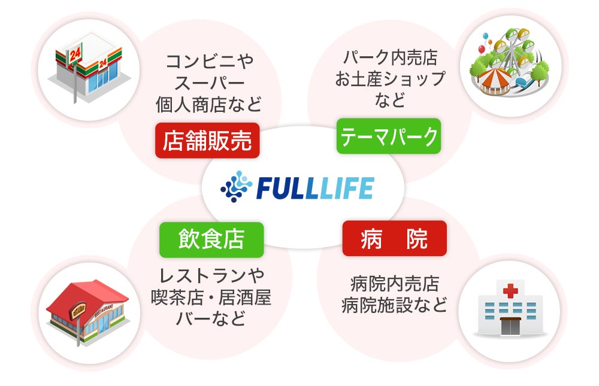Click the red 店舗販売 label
(x=207, y=140)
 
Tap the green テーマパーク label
(x=388, y=137)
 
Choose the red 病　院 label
(x=394, y=239)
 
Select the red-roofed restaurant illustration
(x=87, y=311)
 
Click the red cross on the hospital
(x=510, y=291)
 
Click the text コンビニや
(x=209, y=61)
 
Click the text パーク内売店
(x=390, y=58)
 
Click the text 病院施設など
(x=394, y=306)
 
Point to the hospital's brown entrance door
(x=510, y=327)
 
